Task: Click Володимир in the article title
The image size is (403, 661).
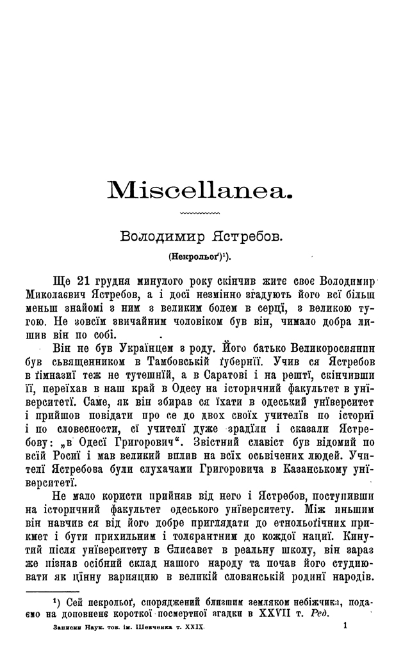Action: [160, 236]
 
